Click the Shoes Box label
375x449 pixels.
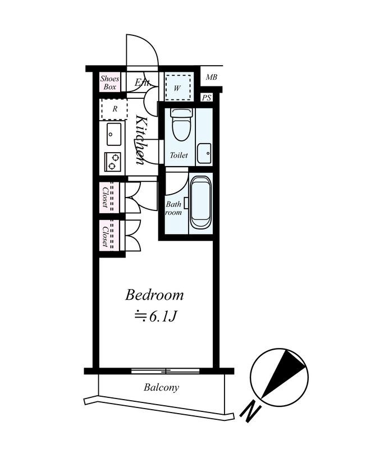tap(109, 83)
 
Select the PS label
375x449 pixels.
tap(207, 98)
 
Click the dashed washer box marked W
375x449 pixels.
tap(178, 87)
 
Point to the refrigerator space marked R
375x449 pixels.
tap(115, 109)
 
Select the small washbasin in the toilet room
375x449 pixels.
tap(205, 152)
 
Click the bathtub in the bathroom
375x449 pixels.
tap(200, 203)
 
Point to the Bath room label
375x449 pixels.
tap(173, 209)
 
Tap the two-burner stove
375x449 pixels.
tap(113, 162)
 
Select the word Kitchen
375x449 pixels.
tap(141, 141)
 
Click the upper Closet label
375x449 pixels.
tap(105, 198)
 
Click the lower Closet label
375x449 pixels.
tap(105, 236)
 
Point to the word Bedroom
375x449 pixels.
tap(154, 295)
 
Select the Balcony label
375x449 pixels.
tap(161, 387)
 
